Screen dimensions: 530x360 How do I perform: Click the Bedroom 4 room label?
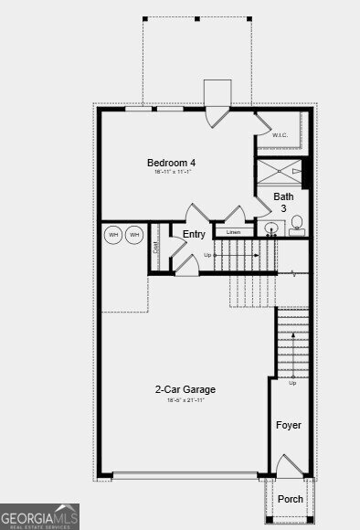pos(172,163)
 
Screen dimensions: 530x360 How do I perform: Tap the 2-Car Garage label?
pos(185,389)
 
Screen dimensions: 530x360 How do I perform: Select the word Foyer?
pos(289,425)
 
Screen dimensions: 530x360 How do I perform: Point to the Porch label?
pos(291,499)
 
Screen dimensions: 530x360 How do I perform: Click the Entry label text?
pos(194,235)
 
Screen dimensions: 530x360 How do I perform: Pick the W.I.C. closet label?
pos(281,135)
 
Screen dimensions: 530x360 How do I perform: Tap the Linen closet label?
pos(233,232)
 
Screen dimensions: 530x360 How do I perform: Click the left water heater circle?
pos(114,235)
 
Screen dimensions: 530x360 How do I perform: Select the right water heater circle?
pos(134,235)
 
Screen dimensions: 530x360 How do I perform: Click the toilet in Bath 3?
pos(296,228)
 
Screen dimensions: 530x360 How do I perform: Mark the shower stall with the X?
pos(280,170)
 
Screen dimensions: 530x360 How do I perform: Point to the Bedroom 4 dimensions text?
pos(172,174)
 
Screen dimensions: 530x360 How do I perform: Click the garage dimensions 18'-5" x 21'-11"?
pos(185,400)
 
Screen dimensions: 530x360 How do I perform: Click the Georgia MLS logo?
pos(39,516)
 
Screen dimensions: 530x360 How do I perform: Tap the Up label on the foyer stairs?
pos(292,383)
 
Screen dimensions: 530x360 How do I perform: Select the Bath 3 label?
pos(284,202)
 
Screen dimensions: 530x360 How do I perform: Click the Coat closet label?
pos(156,246)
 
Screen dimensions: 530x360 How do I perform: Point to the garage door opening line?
pos(185,475)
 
